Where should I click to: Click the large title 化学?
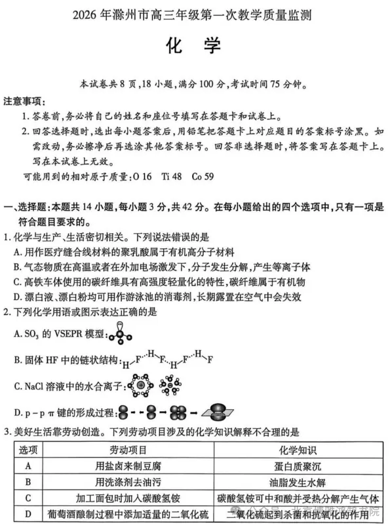click(195, 46)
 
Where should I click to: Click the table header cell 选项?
click(28, 450)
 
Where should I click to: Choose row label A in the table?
click(28, 466)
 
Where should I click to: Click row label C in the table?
click(28, 498)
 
